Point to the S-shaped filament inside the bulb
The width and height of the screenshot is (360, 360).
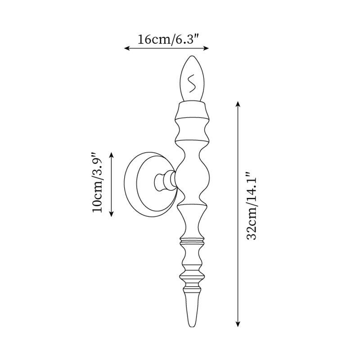[x=191, y=83]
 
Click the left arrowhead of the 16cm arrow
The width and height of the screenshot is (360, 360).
[x=127, y=48]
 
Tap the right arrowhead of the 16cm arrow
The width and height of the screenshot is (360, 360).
[x=206, y=48]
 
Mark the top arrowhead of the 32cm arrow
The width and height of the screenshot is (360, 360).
[x=238, y=104]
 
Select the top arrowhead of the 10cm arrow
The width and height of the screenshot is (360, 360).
[x=111, y=155]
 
